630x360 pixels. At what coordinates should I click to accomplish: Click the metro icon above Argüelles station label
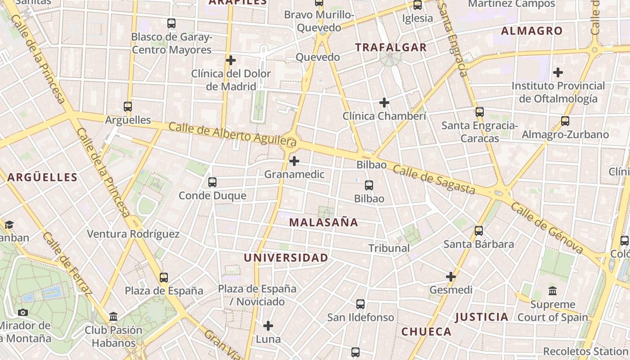point(128,107)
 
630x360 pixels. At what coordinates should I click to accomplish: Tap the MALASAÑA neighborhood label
point(324,222)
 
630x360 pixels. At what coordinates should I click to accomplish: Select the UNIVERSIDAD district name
point(286,258)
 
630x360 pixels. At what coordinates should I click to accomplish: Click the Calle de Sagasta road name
point(434,180)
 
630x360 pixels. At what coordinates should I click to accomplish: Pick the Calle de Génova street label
point(547,229)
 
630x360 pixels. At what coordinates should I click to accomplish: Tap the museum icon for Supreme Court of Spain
point(553,291)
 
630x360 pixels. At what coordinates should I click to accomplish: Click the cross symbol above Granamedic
point(294,161)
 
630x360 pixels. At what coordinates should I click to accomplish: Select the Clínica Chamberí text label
point(384,116)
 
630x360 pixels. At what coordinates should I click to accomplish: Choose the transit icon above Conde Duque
point(212,182)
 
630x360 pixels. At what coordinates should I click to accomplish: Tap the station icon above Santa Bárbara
point(479,231)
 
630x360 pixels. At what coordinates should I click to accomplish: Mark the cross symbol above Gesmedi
point(451,276)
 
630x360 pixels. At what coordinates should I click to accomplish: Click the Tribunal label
point(389,248)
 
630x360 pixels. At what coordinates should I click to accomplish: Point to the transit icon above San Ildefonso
point(360,304)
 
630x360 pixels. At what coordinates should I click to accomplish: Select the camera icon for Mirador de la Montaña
point(22,312)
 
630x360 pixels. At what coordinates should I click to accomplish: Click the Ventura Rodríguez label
point(133,234)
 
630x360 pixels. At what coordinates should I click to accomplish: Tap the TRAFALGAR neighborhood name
point(391,47)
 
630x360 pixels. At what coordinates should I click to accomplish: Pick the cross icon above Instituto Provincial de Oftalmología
point(558,72)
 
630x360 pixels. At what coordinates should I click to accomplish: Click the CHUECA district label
point(426,332)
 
